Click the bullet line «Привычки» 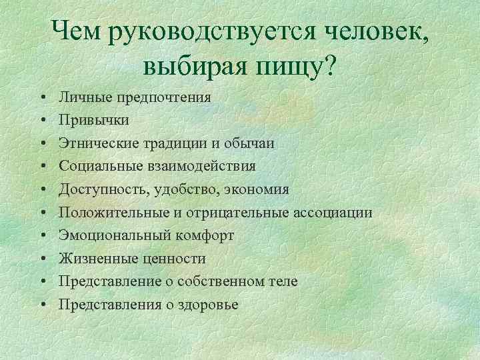coord(94,120)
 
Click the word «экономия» coord(256,189)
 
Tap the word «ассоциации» coord(333,213)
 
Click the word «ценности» coord(176,259)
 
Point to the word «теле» coord(283,282)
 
